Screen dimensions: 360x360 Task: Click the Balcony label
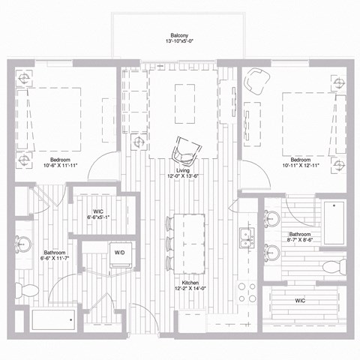(178, 35)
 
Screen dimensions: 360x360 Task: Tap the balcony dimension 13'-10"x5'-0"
(178, 42)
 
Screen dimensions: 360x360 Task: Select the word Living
(183, 171)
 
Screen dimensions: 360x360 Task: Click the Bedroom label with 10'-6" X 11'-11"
(61, 160)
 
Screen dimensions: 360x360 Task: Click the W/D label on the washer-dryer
(120, 253)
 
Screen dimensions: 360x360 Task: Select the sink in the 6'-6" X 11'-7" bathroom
(23, 244)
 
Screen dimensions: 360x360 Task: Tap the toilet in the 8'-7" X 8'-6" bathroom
(332, 267)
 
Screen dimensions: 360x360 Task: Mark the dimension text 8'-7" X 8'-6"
(304, 241)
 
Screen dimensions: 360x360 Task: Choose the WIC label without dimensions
(300, 301)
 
